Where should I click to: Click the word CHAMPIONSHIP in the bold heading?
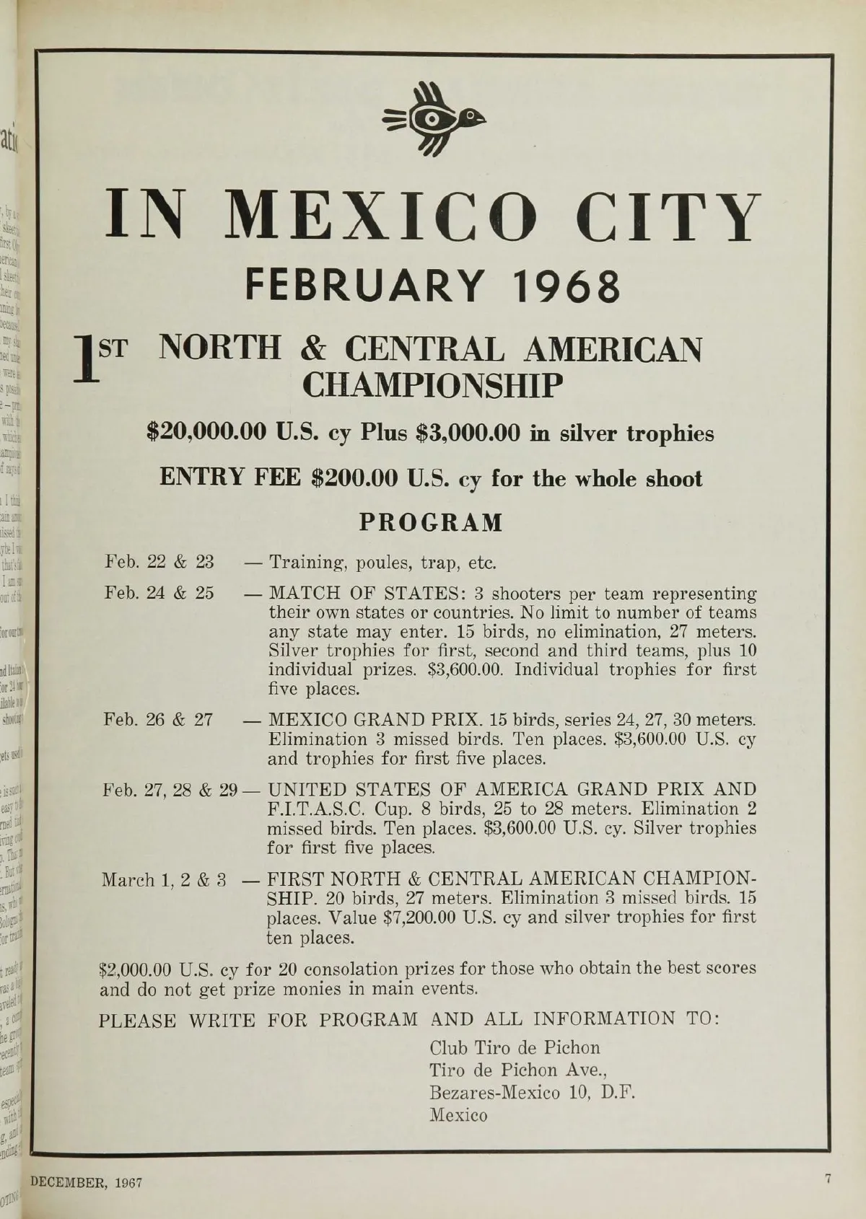pyautogui.click(x=432, y=387)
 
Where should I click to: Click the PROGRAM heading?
pyautogui.click(x=431, y=522)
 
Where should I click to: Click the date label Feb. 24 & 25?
pyautogui.click(x=159, y=593)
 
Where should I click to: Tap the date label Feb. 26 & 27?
pyautogui.click(x=159, y=720)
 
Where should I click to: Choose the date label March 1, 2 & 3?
pyautogui.click(x=164, y=880)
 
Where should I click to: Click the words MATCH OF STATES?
pyautogui.click(x=367, y=594)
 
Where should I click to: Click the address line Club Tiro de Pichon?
pyautogui.click(x=515, y=1047)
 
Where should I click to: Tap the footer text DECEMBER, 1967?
pyautogui.click(x=86, y=1183)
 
